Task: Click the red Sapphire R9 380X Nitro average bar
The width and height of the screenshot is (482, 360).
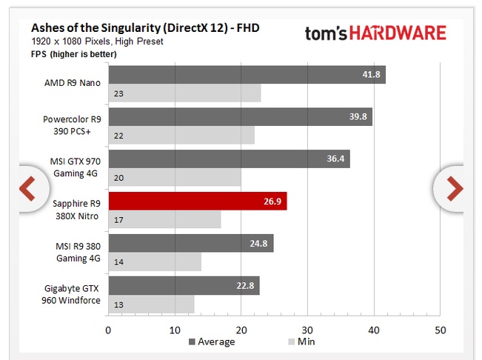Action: click(197, 201)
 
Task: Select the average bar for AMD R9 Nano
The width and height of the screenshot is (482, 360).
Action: click(247, 75)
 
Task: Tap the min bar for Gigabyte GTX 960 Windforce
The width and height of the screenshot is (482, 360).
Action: click(151, 304)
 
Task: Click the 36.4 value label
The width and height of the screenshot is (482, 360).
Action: click(335, 159)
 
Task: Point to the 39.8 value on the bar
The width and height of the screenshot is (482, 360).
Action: click(358, 117)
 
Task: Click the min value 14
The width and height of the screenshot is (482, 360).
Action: click(118, 262)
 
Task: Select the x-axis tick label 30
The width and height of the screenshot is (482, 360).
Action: click(308, 330)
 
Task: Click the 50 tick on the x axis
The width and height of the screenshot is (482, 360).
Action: click(441, 330)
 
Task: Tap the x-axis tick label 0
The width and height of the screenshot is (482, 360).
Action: click(108, 330)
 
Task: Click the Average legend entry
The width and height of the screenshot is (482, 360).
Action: click(212, 341)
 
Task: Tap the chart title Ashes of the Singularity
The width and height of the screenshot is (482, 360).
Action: click(145, 28)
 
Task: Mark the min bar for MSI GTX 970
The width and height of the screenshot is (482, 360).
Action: click(175, 178)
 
